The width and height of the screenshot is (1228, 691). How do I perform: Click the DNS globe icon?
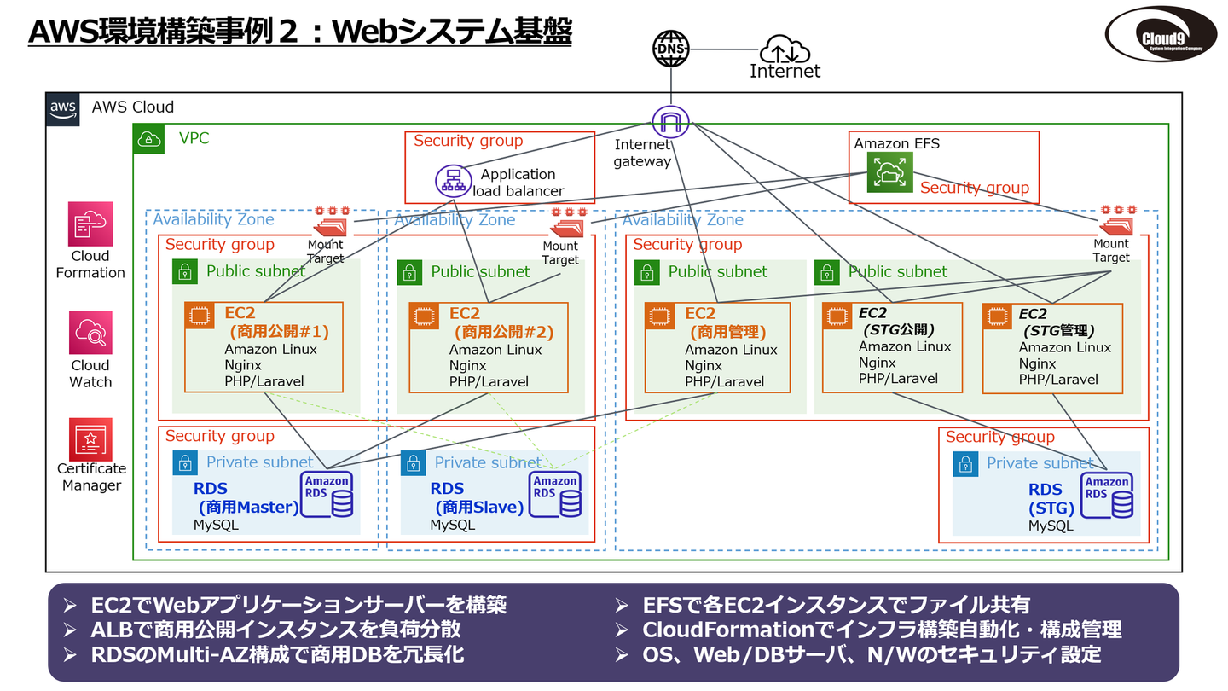pos(670,49)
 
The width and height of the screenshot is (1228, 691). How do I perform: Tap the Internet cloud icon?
pos(784,49)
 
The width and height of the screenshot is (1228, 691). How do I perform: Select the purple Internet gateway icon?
pos(670,122)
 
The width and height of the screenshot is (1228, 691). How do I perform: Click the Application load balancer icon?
pos(453,181)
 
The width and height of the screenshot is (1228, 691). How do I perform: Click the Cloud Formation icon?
pos(90,224)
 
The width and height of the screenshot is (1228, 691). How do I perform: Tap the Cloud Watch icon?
pos(90,334)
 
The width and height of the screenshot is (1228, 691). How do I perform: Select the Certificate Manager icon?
pos(90,439)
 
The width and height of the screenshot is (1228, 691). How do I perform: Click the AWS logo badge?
pos(63,109)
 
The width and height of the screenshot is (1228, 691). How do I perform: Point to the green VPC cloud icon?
pos(150,139)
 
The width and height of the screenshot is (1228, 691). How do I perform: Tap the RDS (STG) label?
pos(1046,499)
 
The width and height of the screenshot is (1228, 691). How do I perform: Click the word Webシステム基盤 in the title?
pos(452,32)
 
